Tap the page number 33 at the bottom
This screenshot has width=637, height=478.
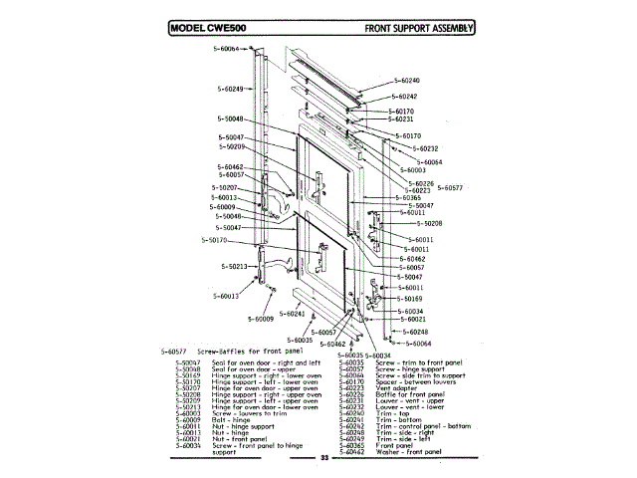(323, 457)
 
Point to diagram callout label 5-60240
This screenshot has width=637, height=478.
(406, 80)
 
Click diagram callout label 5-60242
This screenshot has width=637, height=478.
(402, 97)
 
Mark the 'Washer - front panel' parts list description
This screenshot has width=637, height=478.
(410, 452)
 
